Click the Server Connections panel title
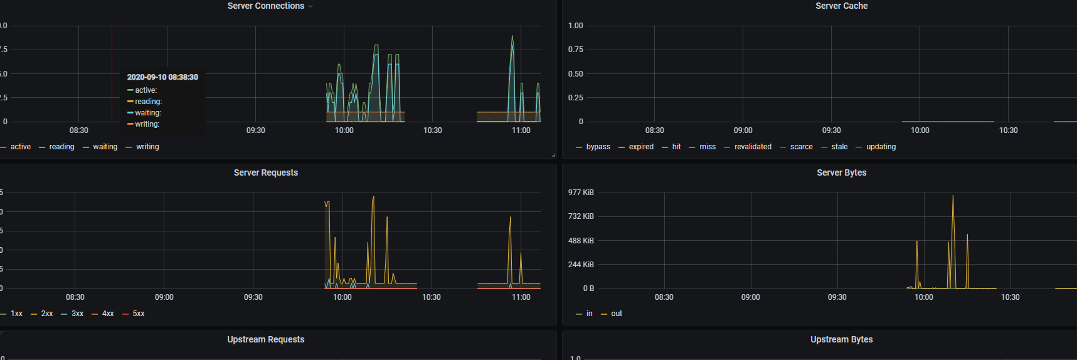(265, 6)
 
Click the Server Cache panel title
(841, 6)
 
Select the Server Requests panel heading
(265, 172)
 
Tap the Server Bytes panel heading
(841, 172)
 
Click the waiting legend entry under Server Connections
(105, 147)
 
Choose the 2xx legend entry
(46, 314)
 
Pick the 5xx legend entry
(138, 314)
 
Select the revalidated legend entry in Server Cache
(753, 147)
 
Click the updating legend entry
(881, 147)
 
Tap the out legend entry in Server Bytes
(616, 314)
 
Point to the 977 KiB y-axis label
(581, 193)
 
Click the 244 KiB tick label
(581, 265)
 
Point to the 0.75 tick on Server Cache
(575, 50)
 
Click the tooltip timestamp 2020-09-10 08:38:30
(162, 77)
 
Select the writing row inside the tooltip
(147, 124)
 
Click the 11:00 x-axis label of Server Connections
(521, 130)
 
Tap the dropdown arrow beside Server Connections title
(310, 6)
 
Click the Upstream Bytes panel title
(841, 339)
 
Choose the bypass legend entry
(598, 147)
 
